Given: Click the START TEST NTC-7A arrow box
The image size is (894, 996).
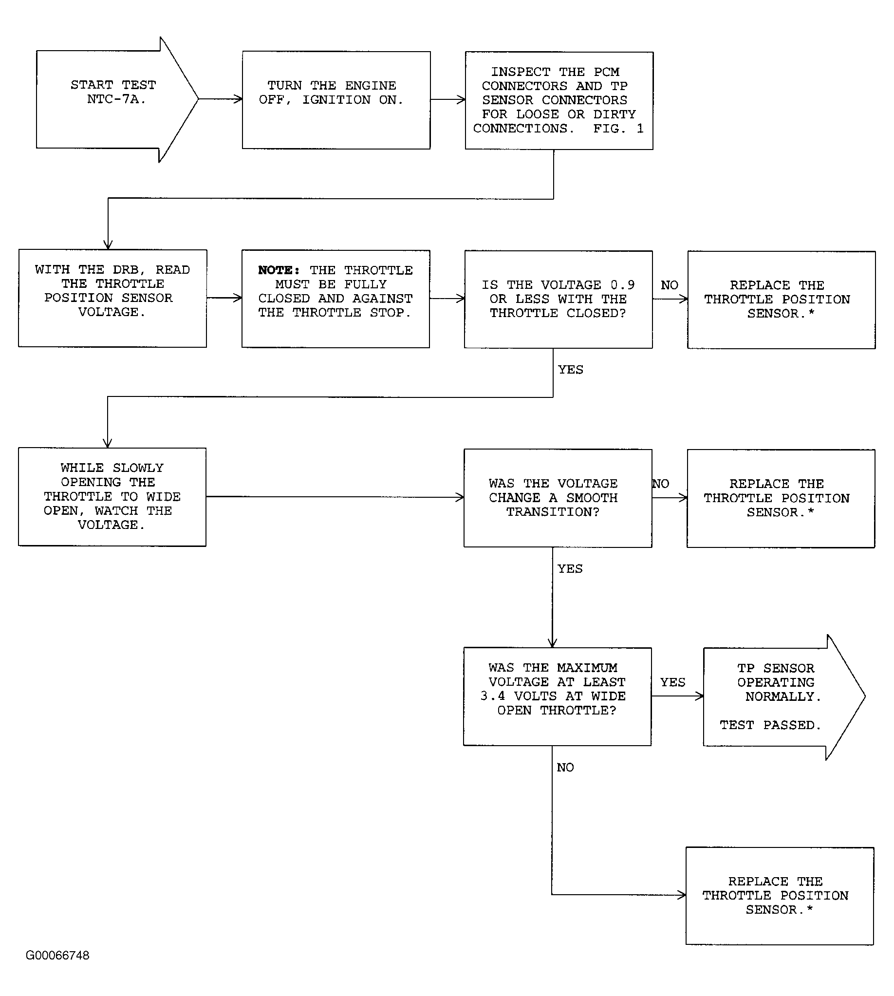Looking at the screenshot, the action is (x=117, y=99).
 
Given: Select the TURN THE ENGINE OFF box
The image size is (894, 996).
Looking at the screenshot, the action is (x=336, y=100).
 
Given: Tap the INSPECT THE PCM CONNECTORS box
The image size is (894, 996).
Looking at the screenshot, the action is (x=559, y=101).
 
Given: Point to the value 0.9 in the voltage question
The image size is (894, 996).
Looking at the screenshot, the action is (x=622, y=285).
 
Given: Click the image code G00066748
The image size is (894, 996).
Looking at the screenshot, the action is (x=57, y=955).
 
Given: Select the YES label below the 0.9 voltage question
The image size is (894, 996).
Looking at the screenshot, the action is (x=571, y=370).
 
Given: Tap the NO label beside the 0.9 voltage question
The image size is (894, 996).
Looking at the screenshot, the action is (x=670, y=285).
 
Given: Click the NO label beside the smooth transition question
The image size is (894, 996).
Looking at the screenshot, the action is (x=661, y=484).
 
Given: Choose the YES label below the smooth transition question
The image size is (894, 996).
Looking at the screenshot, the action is (x=570, y=568).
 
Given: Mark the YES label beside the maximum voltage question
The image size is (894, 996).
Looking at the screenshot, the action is (x=673, y=682).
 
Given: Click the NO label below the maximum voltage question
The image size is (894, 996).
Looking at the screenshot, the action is (x=565, y=767).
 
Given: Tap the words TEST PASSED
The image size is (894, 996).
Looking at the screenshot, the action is (x=770, y=725).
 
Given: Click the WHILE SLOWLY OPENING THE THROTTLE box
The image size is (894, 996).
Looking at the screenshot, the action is (x=112, y=497).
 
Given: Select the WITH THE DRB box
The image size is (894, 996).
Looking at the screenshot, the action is (x=112, y=298).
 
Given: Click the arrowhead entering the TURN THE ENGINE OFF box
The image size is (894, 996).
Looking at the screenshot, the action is (x=238, y=99).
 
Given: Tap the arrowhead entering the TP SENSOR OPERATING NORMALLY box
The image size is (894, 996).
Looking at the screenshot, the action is (x=699, y=696).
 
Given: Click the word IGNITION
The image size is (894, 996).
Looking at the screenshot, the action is (x=336, y=100).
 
